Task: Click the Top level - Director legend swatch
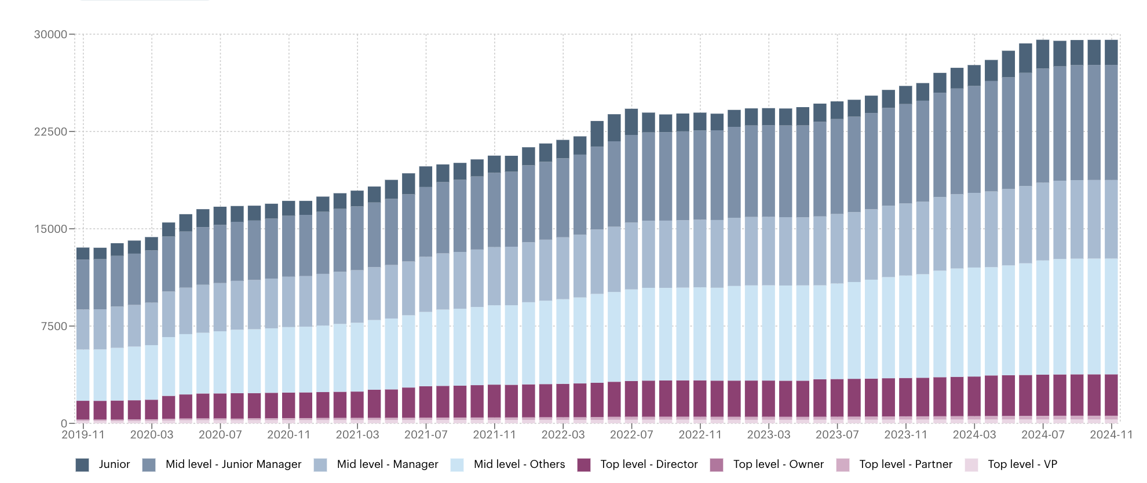coord(584,464)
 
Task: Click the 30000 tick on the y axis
coord(50,34)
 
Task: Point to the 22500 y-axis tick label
coord(50,131)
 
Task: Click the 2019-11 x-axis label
coord(83,434)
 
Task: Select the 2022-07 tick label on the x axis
coord(631,434)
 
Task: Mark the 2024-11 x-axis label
coord(1111,434)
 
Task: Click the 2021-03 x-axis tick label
coord(357,434)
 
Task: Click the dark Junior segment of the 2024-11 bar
coord(1111,52)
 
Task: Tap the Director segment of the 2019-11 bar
coord(83,410)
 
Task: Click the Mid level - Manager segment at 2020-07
coord(220,307)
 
